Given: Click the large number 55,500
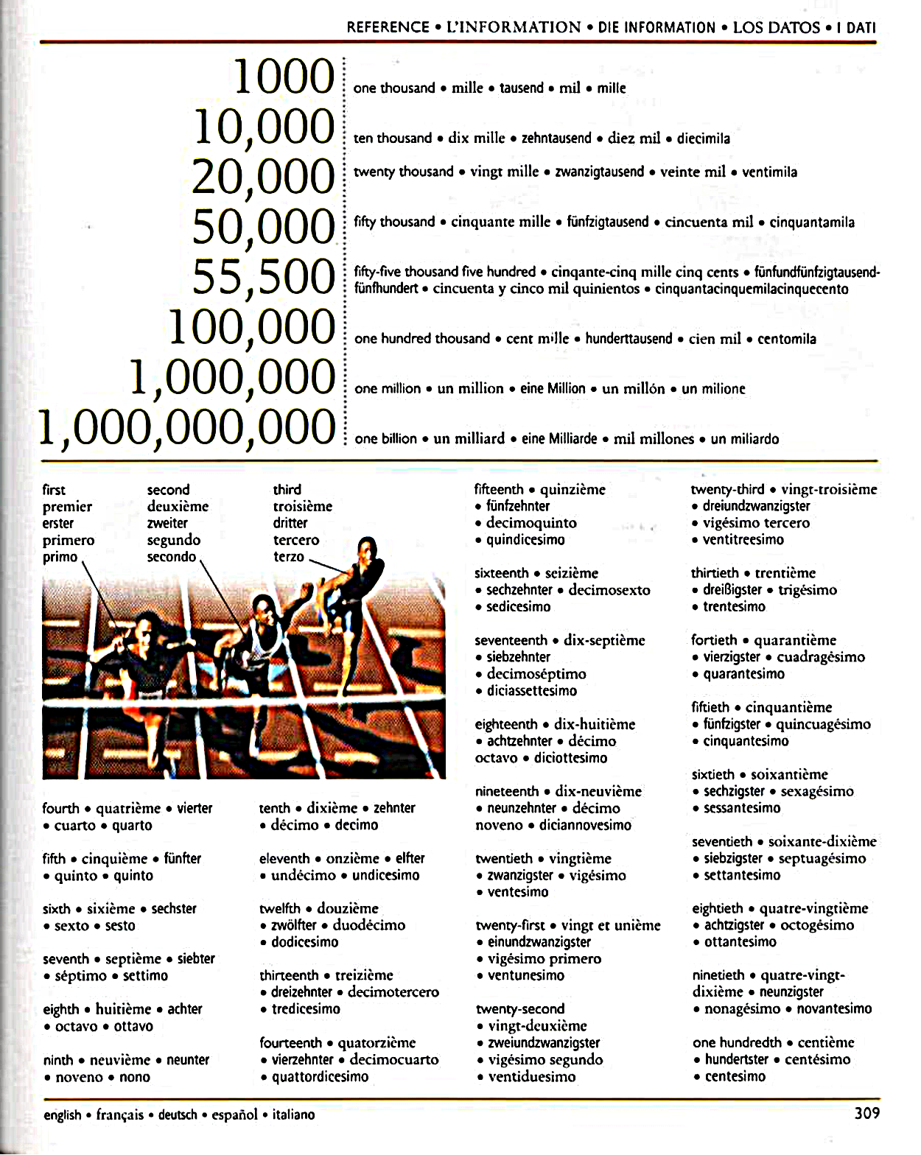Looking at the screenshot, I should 263,277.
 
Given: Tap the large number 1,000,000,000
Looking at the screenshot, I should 186,428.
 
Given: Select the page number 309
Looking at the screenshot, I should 866,1113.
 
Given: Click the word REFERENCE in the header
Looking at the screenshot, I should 388,28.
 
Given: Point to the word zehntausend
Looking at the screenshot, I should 556,138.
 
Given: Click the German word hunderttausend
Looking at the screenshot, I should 628,339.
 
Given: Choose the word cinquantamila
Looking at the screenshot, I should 812,222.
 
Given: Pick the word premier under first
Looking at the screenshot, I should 67,507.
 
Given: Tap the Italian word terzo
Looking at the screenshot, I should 289,557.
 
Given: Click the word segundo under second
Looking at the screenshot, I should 173,540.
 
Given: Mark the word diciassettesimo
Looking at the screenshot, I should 531,691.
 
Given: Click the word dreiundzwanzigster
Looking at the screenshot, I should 756,506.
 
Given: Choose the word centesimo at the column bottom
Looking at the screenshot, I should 735,1077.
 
